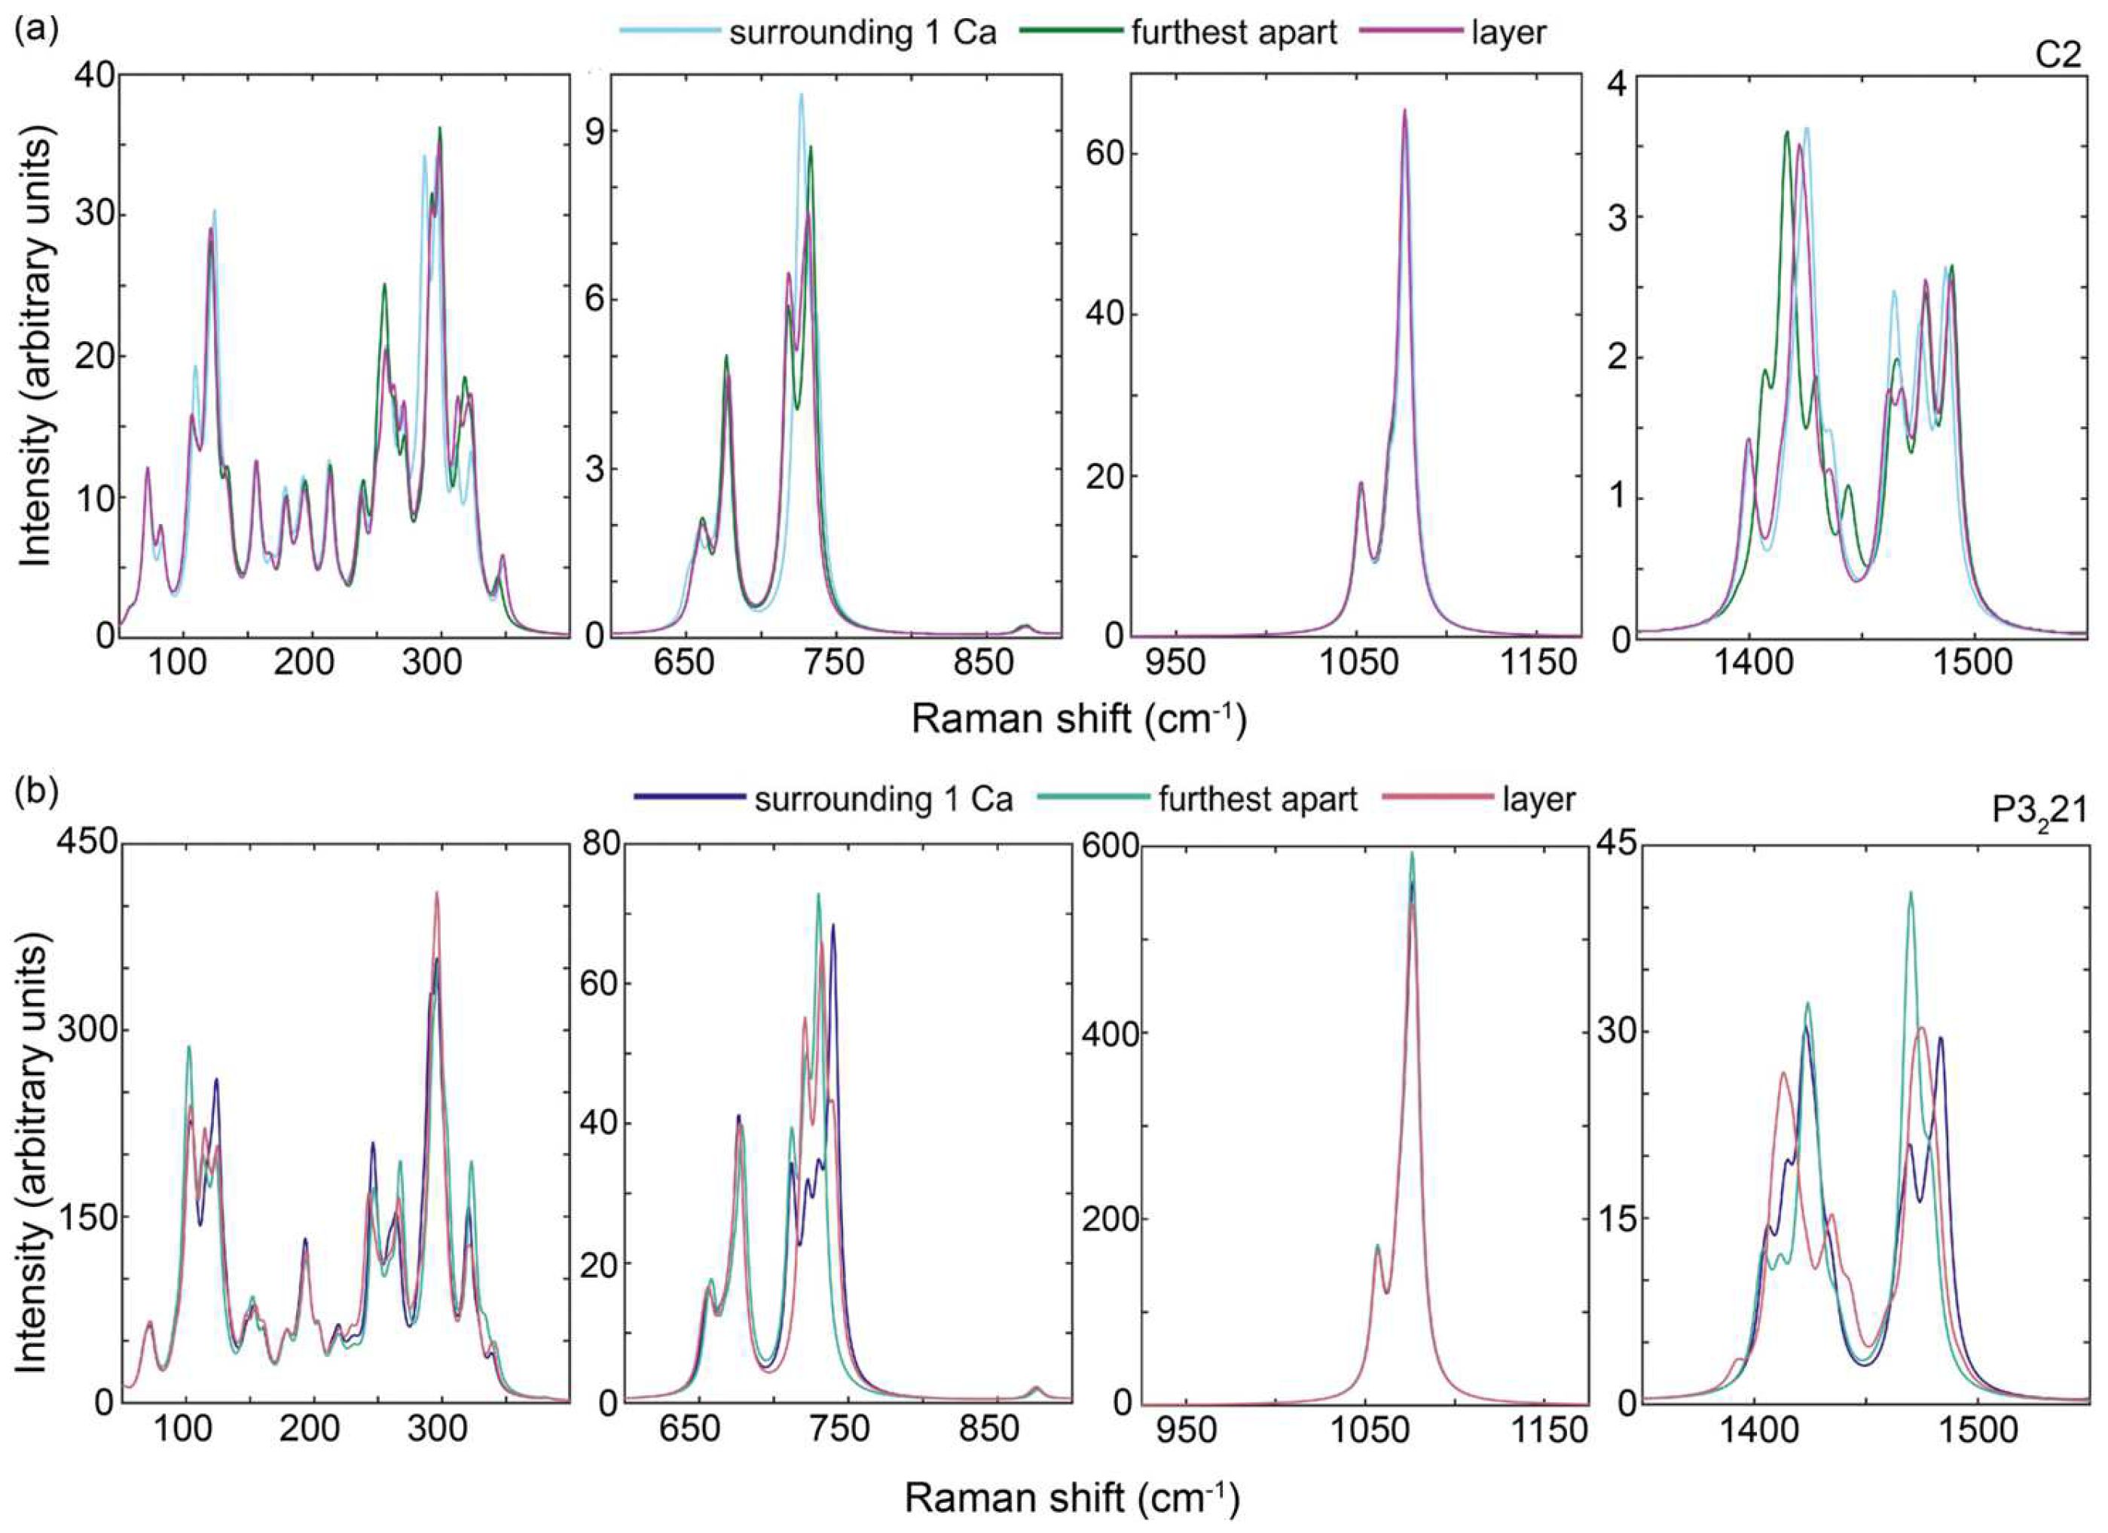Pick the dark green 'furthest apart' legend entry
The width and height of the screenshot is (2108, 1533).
click(1233, 32)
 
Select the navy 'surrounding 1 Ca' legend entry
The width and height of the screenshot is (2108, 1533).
click(882, 798)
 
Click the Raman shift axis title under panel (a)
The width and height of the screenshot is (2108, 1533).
click(1078, 719)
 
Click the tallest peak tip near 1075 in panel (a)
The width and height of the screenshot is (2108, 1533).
click(1404, 111)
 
